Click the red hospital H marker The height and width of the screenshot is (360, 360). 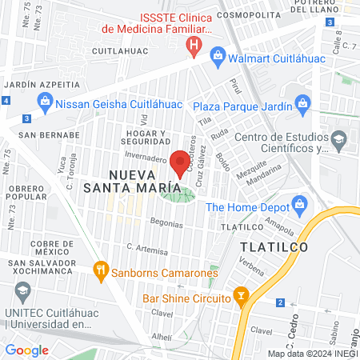[193, 46]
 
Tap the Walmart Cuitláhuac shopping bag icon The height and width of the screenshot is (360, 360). [217, 54]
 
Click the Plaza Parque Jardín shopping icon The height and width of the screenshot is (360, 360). [302, 102]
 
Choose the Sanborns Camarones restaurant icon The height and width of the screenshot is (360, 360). [100, 269]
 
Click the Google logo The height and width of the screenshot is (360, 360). [27, 350]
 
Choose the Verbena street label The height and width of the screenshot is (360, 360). [250, 270]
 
